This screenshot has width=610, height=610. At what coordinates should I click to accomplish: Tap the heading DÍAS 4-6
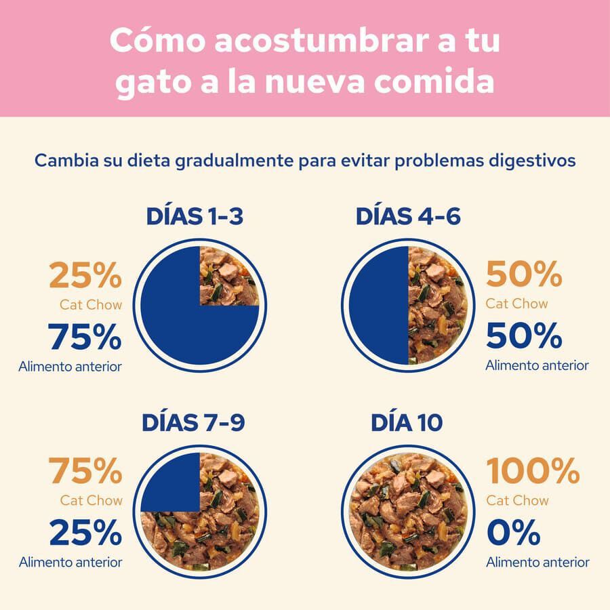click(408, 217)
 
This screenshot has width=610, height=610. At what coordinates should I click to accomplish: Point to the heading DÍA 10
click(407, 422)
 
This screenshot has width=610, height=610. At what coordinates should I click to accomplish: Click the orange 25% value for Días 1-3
click(85, 277)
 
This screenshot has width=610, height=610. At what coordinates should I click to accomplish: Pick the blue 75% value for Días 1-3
click(85, 337)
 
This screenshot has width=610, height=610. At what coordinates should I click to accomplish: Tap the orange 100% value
click(533, 470)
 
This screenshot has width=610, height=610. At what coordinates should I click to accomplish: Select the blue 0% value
click(513, 532)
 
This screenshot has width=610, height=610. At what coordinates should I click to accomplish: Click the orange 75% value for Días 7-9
click(85, 470)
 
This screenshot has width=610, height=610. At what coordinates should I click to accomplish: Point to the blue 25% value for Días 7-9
click(85, 533)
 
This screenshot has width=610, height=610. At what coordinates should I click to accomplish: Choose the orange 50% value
click(524, 274)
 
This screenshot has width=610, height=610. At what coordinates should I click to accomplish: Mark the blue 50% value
click(524, 335)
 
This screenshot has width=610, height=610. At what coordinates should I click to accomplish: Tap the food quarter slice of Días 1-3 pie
click(228, 276)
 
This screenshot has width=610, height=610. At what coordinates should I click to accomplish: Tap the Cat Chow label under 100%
click(517, 500)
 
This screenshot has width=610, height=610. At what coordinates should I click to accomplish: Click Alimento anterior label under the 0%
click(537, 562)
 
